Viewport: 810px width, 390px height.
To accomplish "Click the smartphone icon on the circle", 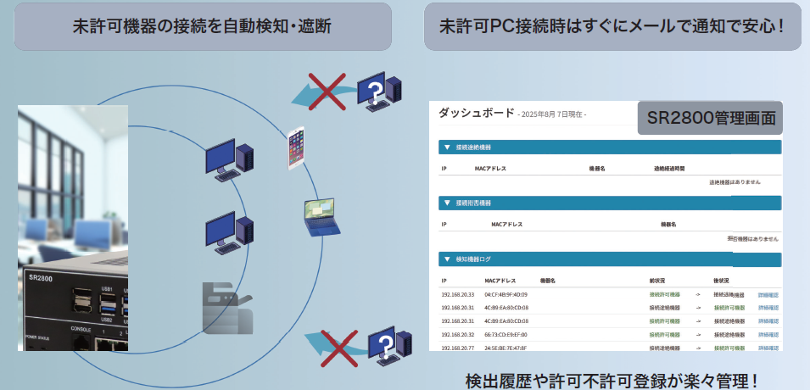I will (x=296, y=148).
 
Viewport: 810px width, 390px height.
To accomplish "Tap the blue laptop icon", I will (x=321, y=216).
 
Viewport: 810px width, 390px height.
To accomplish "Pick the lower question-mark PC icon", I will (x=390, y=344).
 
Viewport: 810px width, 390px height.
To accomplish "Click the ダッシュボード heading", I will (x=475, y=112).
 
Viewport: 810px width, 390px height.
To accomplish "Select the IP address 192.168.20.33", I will (x=457, y=294).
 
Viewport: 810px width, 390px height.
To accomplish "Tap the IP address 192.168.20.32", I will (x=457, y=335).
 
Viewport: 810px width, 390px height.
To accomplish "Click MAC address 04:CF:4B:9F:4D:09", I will (x=506, y=294).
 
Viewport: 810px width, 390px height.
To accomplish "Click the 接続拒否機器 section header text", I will (x=473, y=203).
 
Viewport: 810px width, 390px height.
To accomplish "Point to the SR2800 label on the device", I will (x=41, y=277).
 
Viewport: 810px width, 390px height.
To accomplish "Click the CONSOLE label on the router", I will (x=81, y=328).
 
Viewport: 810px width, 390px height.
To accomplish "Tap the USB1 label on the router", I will (x=107, y=289).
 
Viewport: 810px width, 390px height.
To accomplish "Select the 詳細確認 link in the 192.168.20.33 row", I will (x=768, y=294).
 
